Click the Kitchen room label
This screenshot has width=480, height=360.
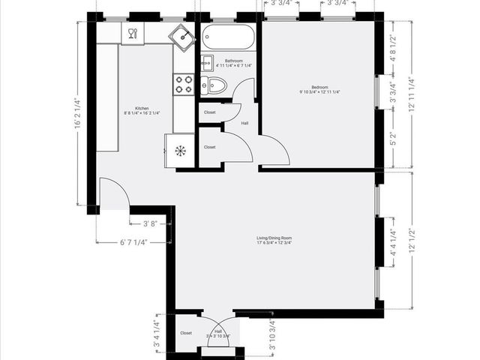pos(142,109)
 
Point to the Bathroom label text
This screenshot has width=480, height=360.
pos(233,61)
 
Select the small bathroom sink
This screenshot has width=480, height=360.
pos(206,62)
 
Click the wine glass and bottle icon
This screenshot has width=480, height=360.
pos(132,33)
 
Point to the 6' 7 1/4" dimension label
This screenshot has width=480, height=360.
pos(133,242)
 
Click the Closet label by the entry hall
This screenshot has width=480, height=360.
pos(185,333)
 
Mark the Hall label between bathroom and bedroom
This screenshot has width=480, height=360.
pos(244,123)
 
